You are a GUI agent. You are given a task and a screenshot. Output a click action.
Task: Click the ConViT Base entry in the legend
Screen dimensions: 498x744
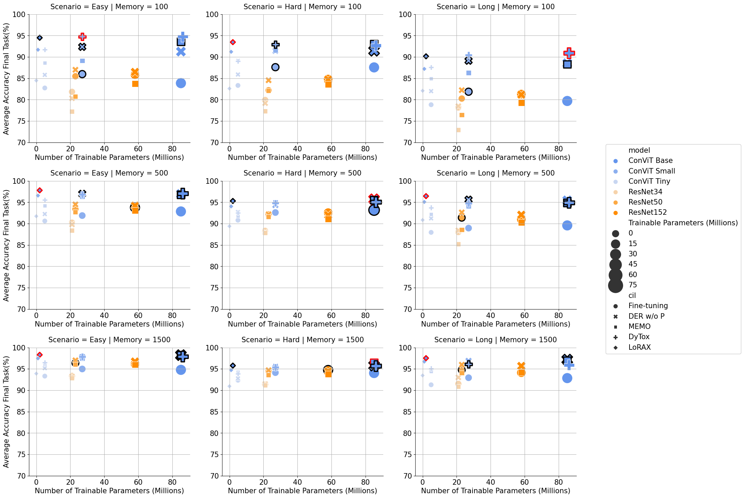pyautogui.click(x=650, y=161)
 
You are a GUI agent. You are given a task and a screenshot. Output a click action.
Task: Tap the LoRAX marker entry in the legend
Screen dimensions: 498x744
pyautogui.click(x=639, y=347)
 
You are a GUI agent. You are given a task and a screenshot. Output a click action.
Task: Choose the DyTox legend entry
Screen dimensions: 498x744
pyautogui.click(x=639, y=337)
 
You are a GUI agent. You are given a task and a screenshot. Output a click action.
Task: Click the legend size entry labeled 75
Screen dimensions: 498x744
pyautogui.click(x=633, y=285)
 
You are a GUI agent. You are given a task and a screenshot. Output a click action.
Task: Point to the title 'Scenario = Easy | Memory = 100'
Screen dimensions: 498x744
pyautogui.click(x=109, y=7)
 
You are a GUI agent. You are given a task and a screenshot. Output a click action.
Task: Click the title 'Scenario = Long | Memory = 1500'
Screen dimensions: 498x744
pyautogui.click(x=495, y=340)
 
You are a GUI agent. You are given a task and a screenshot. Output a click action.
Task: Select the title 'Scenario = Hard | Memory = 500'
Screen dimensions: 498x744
pyautogui.click(x=302, y=173)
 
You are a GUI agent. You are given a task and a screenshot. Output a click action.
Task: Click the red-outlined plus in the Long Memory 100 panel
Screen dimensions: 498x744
pyautogui.click(x=569, y=53)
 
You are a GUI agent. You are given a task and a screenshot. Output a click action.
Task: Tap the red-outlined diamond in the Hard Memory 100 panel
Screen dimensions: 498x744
pyautogui.click(x=233, y=42)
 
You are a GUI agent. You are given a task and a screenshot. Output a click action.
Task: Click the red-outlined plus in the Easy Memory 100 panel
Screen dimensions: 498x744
pyautogui.click(x=82, y=36)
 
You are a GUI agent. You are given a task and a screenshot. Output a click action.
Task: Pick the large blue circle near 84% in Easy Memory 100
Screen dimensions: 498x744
pyautogui.click(x=181, y=83)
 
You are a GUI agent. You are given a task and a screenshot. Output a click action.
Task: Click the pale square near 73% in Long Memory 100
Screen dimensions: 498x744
pyautogui.click(x=459, y=130)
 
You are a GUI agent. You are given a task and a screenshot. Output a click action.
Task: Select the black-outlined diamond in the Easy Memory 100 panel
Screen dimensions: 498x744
pyautogui.click(x=40, y=38)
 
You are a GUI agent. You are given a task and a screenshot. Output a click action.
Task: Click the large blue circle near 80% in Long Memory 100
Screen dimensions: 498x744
pyautogui.click(x=567, y=101)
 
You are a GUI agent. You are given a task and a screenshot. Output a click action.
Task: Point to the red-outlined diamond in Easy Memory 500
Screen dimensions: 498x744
pyautogui.click(x=40, y=190)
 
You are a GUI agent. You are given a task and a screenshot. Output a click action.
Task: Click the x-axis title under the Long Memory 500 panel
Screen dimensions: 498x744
pyautogui.click(x=495, y=324)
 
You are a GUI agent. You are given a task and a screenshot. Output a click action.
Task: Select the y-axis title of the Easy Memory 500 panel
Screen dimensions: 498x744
pyautogui.click(x=6, y=245)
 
